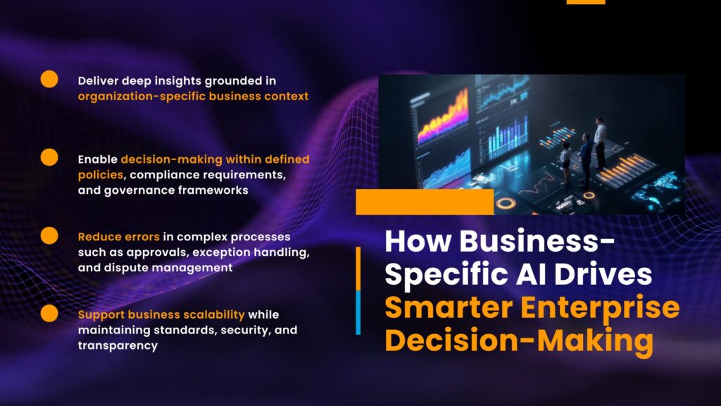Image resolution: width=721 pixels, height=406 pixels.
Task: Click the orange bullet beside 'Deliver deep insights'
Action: point(49,79)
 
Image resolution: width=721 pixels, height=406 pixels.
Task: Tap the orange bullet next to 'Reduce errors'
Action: point(49,235)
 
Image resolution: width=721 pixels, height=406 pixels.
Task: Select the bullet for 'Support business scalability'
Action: point(49,314)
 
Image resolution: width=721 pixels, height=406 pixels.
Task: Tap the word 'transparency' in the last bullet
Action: point(118,345)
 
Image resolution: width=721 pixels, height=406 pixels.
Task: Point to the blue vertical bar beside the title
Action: point(358,312)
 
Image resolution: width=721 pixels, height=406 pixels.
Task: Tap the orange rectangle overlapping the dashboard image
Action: point(425,202)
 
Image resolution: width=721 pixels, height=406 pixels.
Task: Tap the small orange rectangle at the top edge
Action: point(586,2)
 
